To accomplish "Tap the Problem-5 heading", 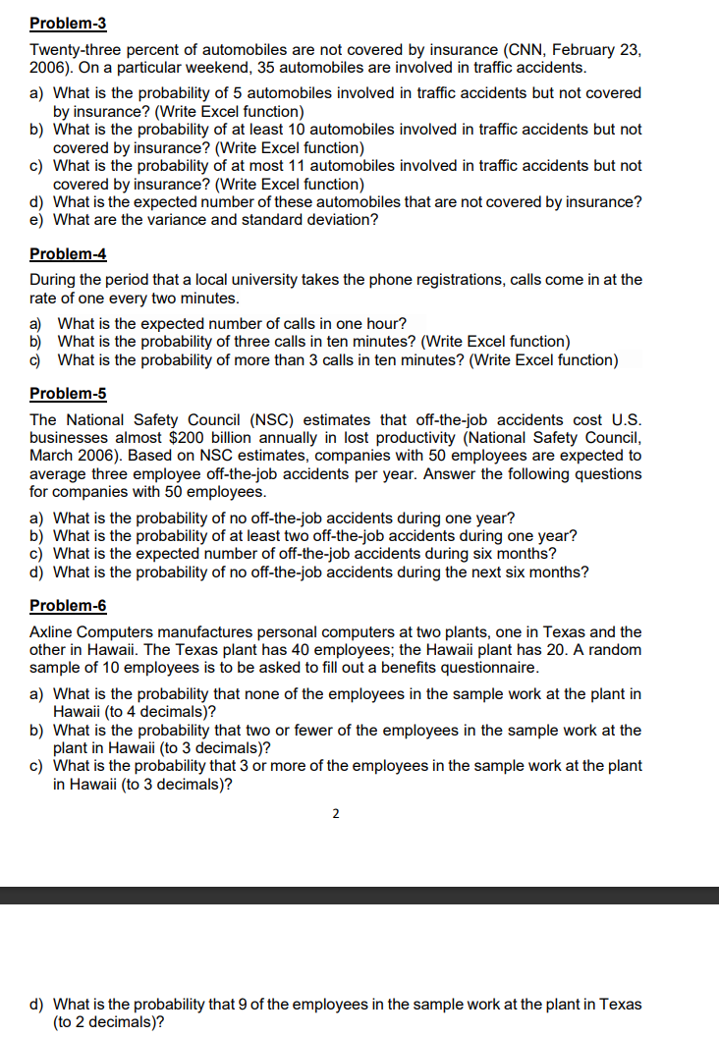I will click(x=68, y=393).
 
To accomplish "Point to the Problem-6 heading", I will click(x=68, y=605).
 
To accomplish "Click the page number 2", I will click(x=336, y=813).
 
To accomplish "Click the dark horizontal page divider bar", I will click(x=359, y=895).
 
